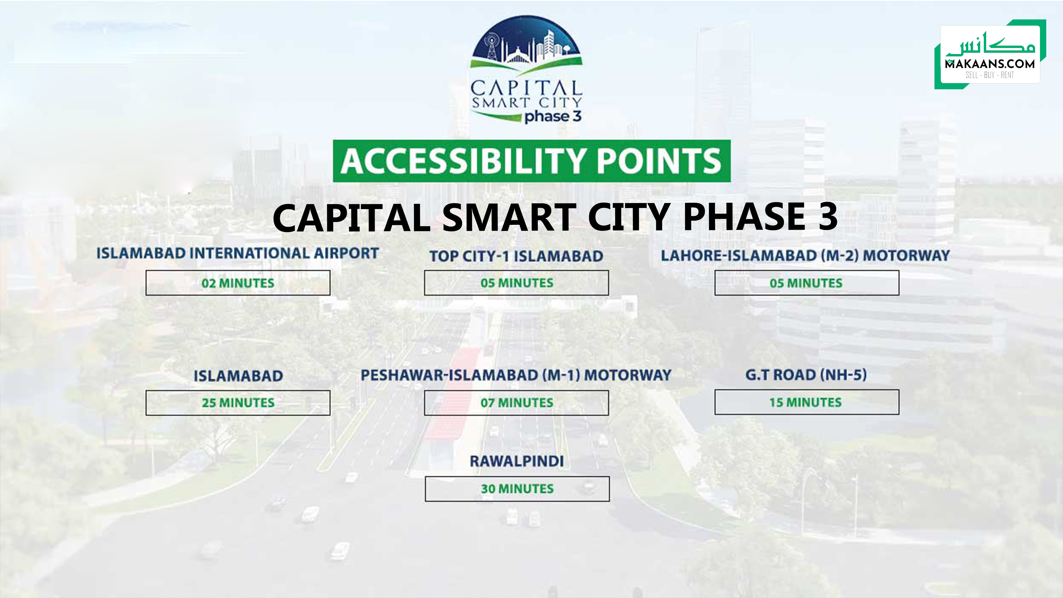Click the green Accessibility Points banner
(531, 161)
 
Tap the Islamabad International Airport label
(238, 253)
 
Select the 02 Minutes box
(238, 283)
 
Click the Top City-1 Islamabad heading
(516, 256)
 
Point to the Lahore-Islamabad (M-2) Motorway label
(805, 255)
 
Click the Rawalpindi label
(517, 461)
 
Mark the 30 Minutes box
(517, 489)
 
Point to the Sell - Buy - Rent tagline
(990, 75)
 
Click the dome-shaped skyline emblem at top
(526, 43)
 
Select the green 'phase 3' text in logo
(552, 117)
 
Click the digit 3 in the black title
(822, 217)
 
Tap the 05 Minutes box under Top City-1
(516, 283)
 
